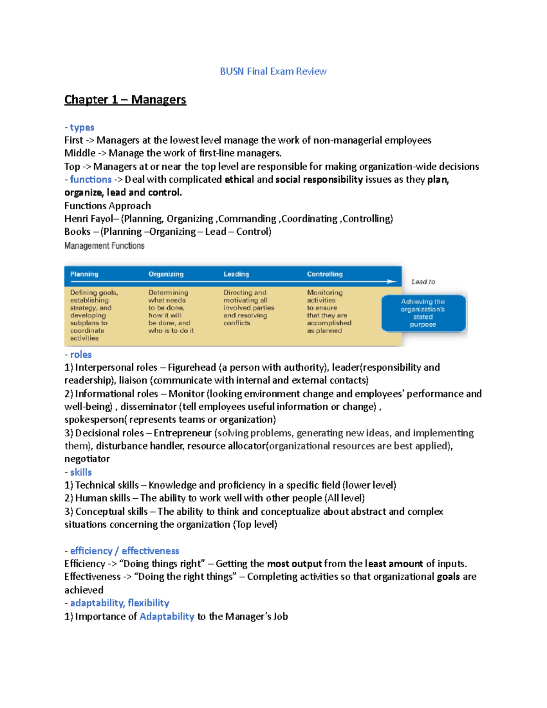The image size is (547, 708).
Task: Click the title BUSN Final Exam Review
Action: click(x=273, y=71)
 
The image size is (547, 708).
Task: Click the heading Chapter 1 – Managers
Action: click(x=125, y=99)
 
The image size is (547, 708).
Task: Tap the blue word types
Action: click(x=82, y=127)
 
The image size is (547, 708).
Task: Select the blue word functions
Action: click(x=91, y=179)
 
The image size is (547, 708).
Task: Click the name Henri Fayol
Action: click(x=88, y=219)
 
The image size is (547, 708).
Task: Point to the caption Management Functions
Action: click(x=104, y=246)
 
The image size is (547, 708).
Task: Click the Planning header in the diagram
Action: click(x=84, y=274)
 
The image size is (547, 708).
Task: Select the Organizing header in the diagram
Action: click(x=166, y=274)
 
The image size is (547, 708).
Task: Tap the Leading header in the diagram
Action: click(x=236, y=274)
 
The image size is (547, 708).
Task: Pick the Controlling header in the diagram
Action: click(x=325, y=274)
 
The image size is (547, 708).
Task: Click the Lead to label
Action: click(x=423, y=282)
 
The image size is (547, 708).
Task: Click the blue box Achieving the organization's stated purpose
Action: click(x=423, y=313)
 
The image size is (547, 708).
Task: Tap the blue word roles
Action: click(x=81, y=354)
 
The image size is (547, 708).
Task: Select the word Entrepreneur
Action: click(x=182, y=433)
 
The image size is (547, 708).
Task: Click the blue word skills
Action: click(x=81, y=472)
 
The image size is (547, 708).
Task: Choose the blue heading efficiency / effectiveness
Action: click(x=124, y=551)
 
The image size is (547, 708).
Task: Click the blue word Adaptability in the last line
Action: click(x=167, y=616)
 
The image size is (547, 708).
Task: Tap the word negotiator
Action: click(x=87, y=459)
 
